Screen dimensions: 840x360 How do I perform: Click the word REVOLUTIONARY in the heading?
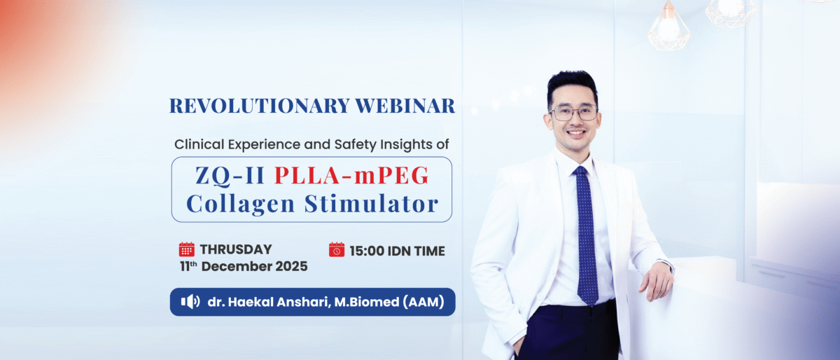(x=260, y=106)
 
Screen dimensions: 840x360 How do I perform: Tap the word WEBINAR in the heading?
(x=405, y=106)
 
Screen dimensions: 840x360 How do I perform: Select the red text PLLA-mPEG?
(x=351, y=175)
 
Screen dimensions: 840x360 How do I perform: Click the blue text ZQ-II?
(x=230, y=175)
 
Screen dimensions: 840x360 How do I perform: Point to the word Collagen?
(x=240, y=205)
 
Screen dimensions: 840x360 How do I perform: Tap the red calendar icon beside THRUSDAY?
(x=186, y=249)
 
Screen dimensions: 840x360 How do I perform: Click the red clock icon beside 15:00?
(x=337, y=249)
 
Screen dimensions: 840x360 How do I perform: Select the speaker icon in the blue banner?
(x=190, y=302)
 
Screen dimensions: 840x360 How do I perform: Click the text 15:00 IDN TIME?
(x=397, y=251)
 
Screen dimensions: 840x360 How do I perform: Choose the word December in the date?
(x=237, y=266)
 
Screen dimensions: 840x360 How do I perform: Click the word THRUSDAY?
(x=235, y=249)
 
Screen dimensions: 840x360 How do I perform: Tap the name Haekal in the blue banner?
(x=250, y=302)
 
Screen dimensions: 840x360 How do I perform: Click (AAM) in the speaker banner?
(x=423, y=302)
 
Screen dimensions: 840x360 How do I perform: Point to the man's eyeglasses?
(x=574, y=113)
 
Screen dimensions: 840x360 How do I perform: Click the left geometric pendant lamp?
(x=669, y=27)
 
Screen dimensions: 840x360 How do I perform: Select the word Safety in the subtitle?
(x=355, y=144)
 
